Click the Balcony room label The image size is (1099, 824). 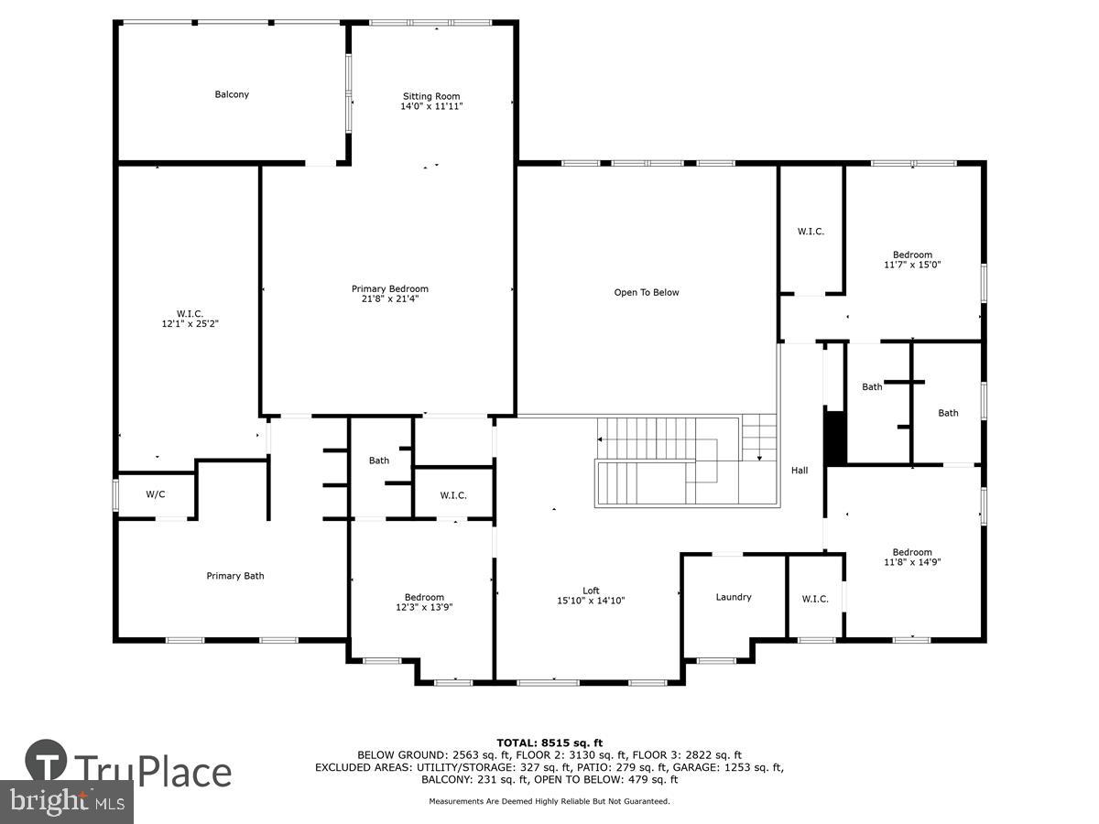[x=232, y=94]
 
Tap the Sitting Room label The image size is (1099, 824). [x=431, y=96]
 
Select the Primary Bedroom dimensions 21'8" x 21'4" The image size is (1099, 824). [x=390, y=298]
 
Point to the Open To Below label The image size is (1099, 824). [x=647, y=293]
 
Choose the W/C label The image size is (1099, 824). [x=156, y=494]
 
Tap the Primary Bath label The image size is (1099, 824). [x=235, y=576]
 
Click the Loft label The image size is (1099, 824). [x=592, y=591]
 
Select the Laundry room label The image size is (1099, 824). [x=734, y=597]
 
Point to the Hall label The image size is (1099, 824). [x=800, y=471]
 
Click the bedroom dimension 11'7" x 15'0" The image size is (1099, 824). [x=912, y=265]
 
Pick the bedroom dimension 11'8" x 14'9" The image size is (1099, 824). [x=912, y=562]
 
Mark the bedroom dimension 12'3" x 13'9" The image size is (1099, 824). [x=424, y=607]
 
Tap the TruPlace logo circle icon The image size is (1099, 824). [x=47, y=762]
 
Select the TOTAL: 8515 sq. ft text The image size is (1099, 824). [x=549, y=743]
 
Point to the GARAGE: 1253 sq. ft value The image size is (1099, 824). [x=730, y=767]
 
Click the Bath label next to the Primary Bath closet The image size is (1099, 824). [x=379, y=461]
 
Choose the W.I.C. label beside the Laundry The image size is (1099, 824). [x=815, y=599]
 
